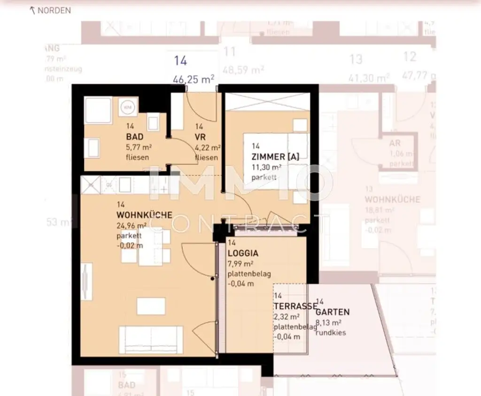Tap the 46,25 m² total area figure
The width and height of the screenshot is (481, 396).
(x=193, y=79)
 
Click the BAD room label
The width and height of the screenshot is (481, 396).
(x=134, y=137)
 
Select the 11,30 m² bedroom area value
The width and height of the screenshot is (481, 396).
(x=266, y=167)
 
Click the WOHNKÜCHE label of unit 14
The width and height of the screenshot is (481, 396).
(x=144, y=215)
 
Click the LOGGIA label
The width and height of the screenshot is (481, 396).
(x=243, y=253)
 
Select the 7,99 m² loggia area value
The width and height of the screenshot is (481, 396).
(x=240, y=264)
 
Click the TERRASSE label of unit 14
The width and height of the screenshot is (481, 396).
(x=295, y=306)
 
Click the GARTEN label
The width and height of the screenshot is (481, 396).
(x=333, y=312)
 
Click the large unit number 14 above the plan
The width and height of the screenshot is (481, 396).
(x=180, y=61)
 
